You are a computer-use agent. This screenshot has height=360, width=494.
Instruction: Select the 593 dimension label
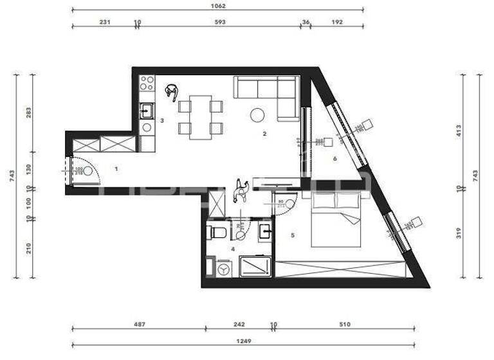point(218,22)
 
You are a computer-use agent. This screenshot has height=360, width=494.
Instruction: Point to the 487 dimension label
point(138,325)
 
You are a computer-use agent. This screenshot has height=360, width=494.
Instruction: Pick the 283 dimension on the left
point(28,113)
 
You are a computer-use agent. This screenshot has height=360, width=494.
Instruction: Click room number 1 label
point(116,168)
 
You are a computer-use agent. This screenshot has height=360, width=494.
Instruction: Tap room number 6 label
point(334,158)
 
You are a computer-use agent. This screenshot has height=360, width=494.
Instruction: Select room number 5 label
point(293,235)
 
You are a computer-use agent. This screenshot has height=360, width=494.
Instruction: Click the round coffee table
point(257,115)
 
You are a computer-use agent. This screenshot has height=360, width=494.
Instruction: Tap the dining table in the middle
point(201,116)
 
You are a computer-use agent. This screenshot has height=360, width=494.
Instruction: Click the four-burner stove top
point(147,83)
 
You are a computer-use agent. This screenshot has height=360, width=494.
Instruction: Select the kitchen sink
point(147,111)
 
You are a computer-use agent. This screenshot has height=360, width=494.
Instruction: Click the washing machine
point(223,269)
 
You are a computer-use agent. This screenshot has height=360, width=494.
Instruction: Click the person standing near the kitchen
point(172,93)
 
